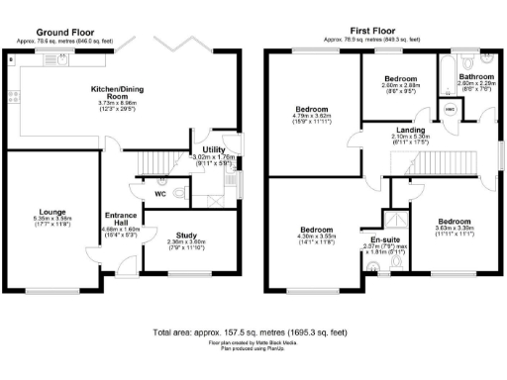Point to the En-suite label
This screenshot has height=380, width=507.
pyautogui.click(x=384, y=239)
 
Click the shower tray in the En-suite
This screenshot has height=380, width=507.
pyautogui.click(x=394, y=223)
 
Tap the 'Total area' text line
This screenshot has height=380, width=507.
pyautogui.click(x=253, y=332)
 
